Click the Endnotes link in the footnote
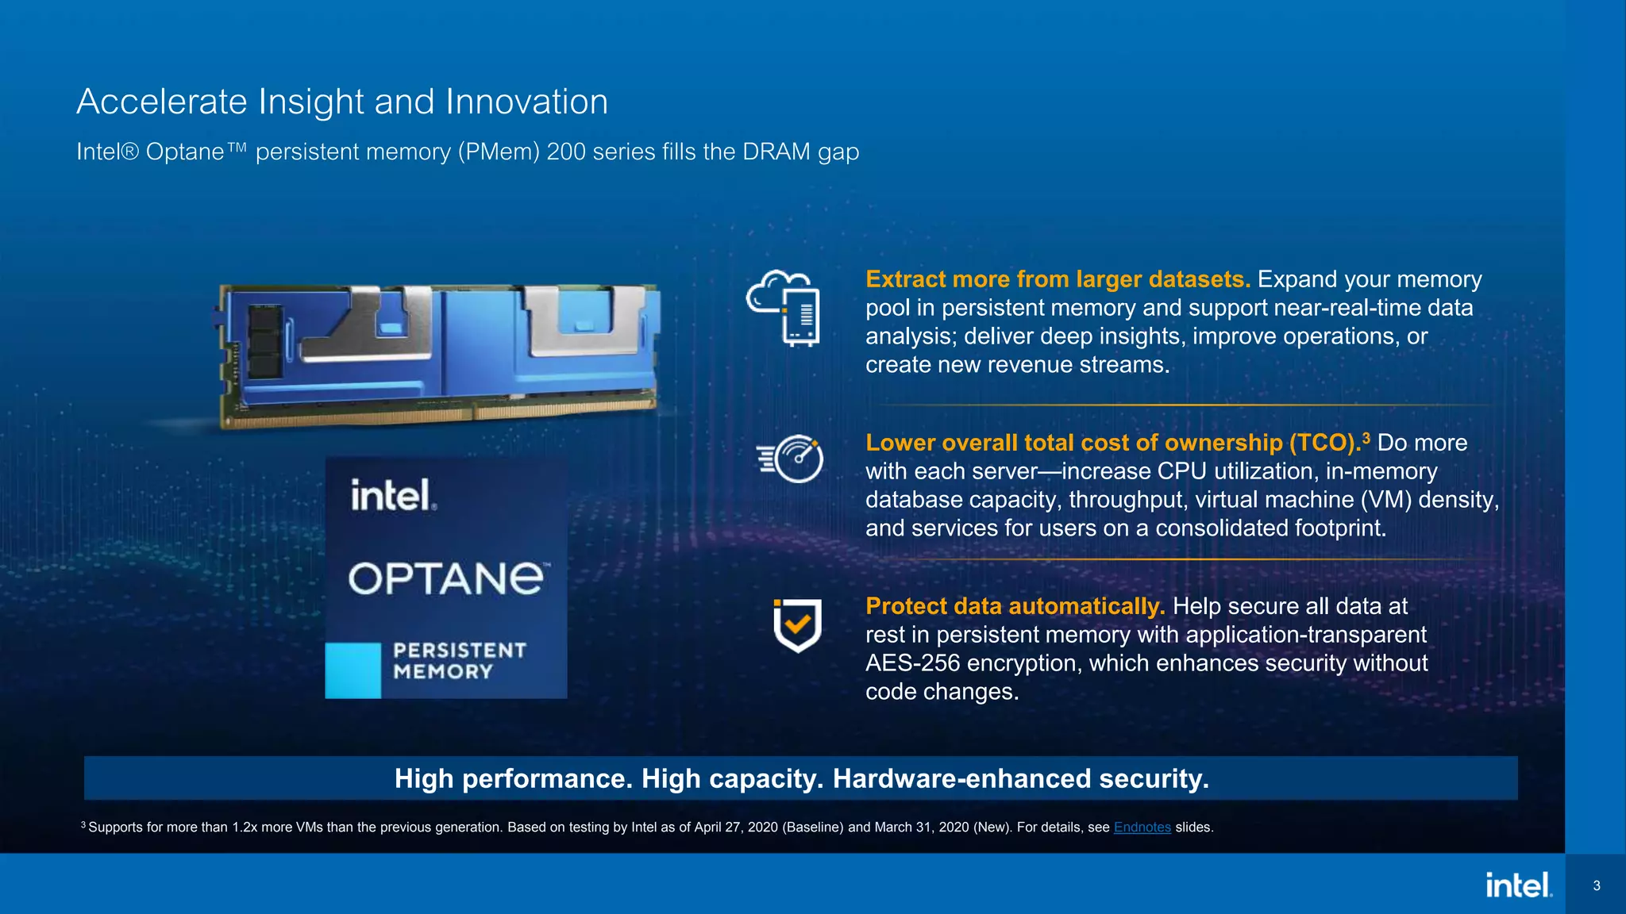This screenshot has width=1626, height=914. (x=1142, y=827)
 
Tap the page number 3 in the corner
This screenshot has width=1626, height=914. (x=1597, y=885)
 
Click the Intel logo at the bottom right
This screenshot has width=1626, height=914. (x=1518, y=885)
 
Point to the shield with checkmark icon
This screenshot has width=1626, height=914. (x=797, y=625)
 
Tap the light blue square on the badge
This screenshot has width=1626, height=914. (x=353, y=670)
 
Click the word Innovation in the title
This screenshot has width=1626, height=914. (x=526, y=102)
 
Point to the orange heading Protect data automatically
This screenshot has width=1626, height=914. (x=1015, y=606)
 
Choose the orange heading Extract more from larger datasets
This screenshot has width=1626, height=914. (x=1058, y=279)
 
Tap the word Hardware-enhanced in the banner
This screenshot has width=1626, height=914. (x=961, y=778)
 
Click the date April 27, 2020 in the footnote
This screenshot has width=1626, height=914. (x=736, y=827)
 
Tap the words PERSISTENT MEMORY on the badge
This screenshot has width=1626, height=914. (x=459, y=661)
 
